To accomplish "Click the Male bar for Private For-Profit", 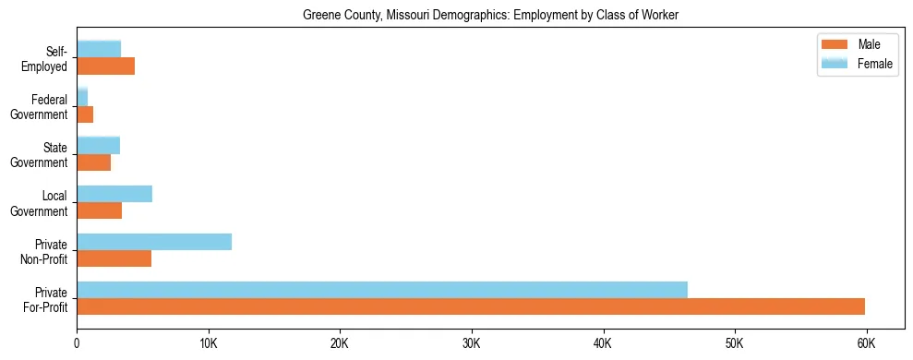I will [x=471, y=306].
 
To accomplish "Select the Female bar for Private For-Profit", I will [x=382, y=290].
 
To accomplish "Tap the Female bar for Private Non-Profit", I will [x=154, y=242].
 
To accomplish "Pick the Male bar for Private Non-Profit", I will [x=114, y=258].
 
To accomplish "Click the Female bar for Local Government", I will [x=114, y=194].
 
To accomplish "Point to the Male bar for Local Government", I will [x=100, y=210].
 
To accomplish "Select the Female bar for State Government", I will [x=99, y=145].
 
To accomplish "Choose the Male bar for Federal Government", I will [x=85, y=114].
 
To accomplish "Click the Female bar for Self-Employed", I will [x=99, y=49].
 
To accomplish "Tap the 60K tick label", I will [x=866, y=343].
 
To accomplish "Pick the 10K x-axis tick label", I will [x=209, y=343].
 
